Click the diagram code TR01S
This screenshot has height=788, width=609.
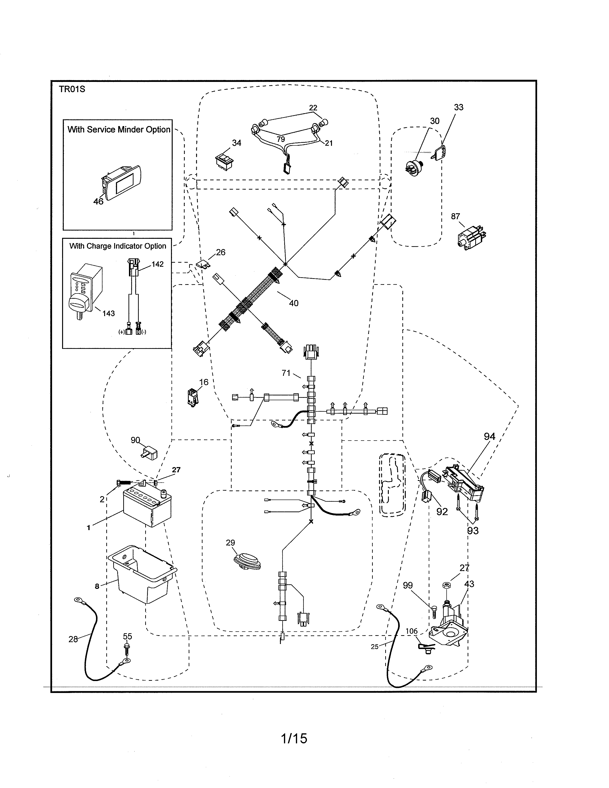[x=72, y=89]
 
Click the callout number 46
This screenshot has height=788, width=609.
[x=98, y=201]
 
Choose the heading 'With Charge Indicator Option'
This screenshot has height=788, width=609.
[x=118, y=246]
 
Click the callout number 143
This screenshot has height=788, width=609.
[x=108, y=313]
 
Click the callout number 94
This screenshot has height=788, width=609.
[x=489, y=437]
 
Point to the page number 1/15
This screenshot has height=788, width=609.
[x=294, y=739]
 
